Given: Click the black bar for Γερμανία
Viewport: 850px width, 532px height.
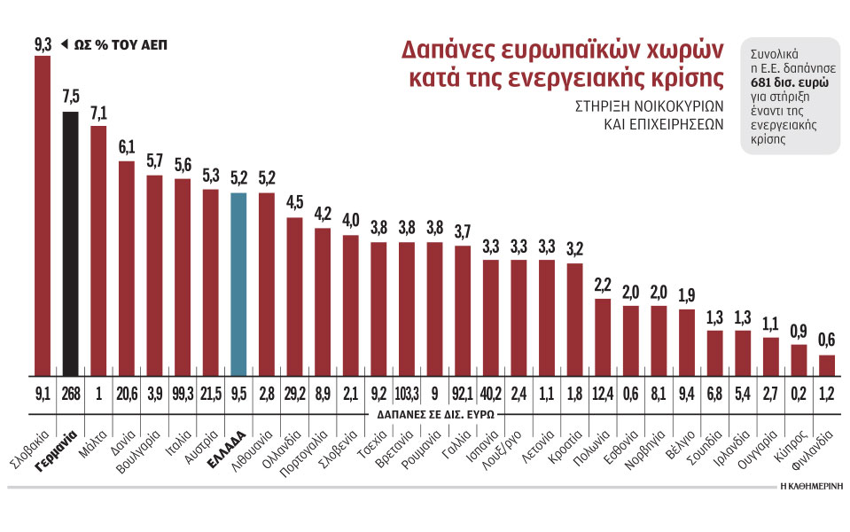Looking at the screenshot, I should click(71, 244).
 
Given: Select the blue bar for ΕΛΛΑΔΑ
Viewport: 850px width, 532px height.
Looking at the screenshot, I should click(238, 284).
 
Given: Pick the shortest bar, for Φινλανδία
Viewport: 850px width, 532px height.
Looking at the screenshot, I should click(826, 366).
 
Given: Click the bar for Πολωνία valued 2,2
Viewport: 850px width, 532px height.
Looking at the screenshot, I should click(603, 337).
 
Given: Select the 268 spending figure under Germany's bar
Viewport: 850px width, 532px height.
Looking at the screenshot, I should click(71, 393).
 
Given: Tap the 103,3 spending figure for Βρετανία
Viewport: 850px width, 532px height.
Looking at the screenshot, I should click(407, 393).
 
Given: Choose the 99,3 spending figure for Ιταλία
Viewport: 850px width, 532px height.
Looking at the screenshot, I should click(183, 393).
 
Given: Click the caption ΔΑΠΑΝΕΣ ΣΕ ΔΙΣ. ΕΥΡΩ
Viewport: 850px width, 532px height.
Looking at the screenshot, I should click(432, 413).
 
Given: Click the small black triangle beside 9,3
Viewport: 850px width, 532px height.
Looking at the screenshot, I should click(64, 43).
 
